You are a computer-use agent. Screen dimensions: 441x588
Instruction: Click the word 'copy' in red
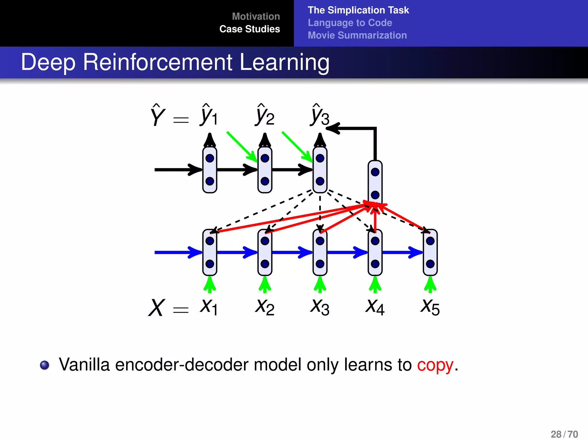pos(435,365)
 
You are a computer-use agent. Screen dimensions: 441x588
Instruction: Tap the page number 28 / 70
pos(564,434)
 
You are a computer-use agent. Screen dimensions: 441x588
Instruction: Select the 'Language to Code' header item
pos(350,23)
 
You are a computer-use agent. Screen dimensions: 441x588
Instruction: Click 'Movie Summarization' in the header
pos(357,35)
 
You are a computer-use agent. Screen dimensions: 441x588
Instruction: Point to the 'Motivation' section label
pos(256,16)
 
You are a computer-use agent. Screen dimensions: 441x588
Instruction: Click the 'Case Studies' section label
pos(249,29)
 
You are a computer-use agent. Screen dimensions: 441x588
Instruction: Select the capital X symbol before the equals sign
pos(156,308)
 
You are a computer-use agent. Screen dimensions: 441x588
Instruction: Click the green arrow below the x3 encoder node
pos(320,284)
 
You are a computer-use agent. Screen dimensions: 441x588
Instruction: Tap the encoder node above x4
pos(375,252)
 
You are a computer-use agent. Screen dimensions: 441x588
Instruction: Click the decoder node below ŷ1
pos(210,170)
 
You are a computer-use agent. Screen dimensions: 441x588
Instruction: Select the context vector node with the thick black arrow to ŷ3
pos(375,183)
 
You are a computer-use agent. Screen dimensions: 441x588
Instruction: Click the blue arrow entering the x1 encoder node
pos(178,252)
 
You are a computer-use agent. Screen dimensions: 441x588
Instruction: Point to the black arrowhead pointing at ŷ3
pos(333,128)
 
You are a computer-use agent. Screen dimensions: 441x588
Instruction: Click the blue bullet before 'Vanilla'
pos(45,365)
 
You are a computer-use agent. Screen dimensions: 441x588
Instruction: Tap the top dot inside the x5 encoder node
pos(430,241)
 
